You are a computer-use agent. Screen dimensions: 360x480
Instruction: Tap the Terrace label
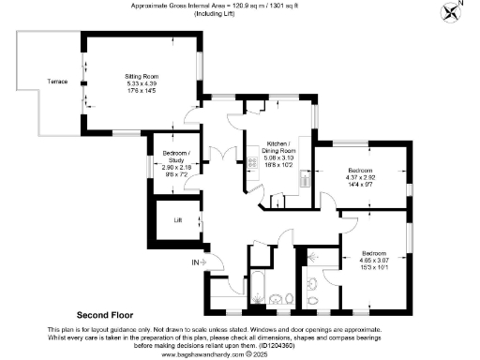pyautogui.click(x=58, y=82)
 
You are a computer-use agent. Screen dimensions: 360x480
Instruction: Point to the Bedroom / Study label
pyautogui.click(x=176, y=156)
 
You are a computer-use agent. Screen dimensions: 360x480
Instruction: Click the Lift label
pyautogui.click(x=177, y=220)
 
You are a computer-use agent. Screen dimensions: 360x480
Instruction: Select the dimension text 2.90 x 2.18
pyautogui.click(x=176, y=167)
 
